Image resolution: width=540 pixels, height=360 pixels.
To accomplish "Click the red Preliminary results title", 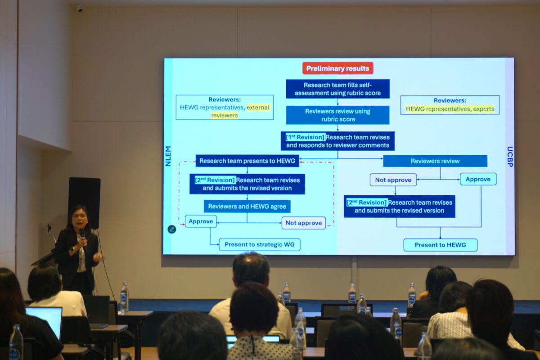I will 337,68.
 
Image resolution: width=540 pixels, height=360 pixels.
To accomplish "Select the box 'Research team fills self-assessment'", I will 337,89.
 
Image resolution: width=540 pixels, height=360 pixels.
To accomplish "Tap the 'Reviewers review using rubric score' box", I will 337,115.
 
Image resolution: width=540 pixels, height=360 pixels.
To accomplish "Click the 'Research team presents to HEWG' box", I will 247,161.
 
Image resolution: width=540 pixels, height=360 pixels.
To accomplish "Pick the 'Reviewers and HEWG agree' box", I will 247,206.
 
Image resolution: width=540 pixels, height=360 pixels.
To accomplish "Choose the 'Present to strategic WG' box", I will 259,244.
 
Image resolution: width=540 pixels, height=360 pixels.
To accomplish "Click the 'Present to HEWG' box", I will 440,245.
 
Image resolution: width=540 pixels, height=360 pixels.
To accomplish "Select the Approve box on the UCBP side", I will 478,179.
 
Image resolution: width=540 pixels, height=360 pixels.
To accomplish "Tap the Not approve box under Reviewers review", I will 393,180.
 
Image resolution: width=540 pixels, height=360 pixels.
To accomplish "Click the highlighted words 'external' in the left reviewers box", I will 258,108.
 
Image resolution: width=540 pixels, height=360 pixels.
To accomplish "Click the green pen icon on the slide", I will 171,229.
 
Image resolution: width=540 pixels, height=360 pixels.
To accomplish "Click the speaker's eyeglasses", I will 79,216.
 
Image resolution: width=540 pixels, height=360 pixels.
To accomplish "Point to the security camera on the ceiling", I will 80,8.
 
